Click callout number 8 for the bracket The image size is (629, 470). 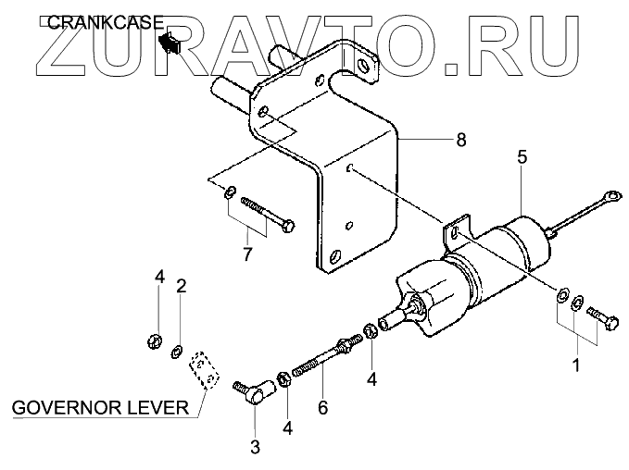(460, 140)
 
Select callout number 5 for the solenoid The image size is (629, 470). (522, 158)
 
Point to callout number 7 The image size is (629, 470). (246, 254)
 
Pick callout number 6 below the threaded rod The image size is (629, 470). (322, 405)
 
